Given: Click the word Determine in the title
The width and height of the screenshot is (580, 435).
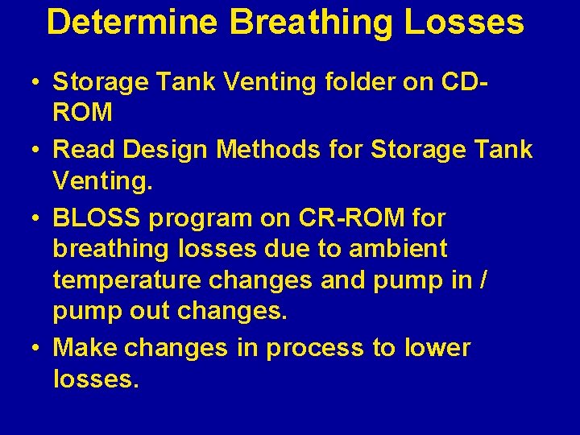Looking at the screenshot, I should pos(131,23).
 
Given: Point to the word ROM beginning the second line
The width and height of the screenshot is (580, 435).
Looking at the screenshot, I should pos(83,112).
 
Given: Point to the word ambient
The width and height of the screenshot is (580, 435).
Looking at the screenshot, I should pos(395,249).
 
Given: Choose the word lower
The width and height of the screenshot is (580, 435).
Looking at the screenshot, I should pos(437,348).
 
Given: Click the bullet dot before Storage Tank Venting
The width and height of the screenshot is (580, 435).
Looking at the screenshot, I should pos(37,83).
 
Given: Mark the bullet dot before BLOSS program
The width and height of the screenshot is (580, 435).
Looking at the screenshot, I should pos(37,218).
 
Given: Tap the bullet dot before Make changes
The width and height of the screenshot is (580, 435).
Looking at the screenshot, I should pos(37,349).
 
